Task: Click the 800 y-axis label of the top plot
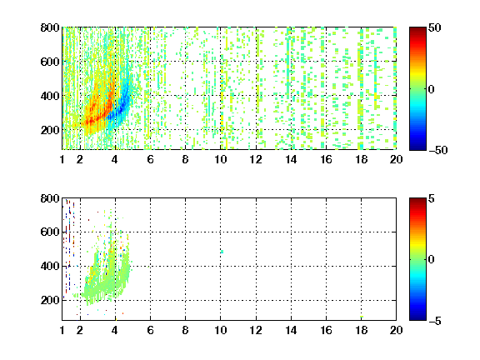tap(50, 27)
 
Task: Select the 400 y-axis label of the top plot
tap(50, 96)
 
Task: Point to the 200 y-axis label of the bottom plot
tap(50, 300)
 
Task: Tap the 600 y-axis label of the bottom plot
tap(50, 232)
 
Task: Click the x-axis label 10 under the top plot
tap(220, 159)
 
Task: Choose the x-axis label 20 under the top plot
tap(396, 159)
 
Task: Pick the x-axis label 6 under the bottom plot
tap(150, 330)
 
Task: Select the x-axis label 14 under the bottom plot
tap(291, 330)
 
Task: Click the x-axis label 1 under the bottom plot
tap(62, 330)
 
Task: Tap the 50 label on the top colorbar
tap(435, 27)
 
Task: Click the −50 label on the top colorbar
tap(438, 150)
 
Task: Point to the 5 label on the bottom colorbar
tap(432, 198)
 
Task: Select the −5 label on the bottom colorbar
tap(435, 321)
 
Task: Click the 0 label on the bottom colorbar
tap(432, 260)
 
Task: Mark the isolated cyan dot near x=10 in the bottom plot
tap(222, 252)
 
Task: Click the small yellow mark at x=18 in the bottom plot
tap(362, 317)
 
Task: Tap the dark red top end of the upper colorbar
tap(417, 29)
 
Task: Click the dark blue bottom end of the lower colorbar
tap(417, 318)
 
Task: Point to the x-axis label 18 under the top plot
tap(361, 159)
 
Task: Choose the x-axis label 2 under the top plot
tap(80, 159)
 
